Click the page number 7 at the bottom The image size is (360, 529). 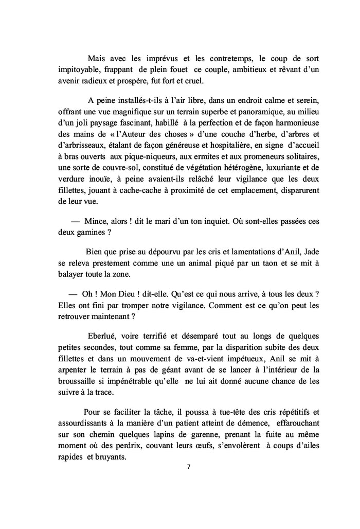pos(189,467)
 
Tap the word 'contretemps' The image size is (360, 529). pos(221,57)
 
